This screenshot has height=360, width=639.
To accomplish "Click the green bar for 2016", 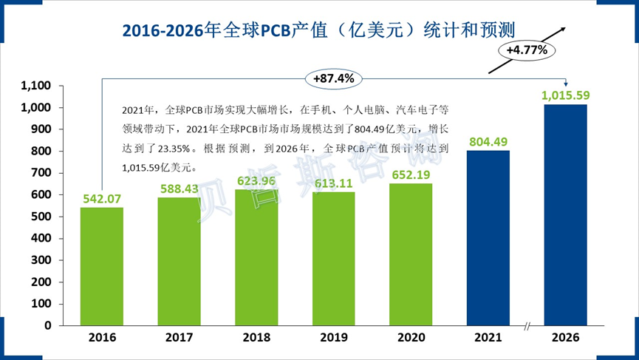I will [102, 266].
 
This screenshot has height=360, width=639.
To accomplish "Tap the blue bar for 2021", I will [488, 237].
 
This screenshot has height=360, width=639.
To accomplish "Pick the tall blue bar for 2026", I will [566, 214].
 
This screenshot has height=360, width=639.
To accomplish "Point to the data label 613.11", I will [334, 184].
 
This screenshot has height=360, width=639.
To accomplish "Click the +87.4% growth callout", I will [334, 77].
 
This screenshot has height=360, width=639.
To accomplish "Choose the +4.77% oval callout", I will [527, 50].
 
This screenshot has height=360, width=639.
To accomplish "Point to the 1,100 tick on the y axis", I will [35, 86].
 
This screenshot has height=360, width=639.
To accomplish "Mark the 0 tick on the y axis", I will [48, 325].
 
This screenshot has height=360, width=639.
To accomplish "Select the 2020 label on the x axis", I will [411, 338].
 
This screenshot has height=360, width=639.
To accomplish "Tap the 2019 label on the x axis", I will [334, 338].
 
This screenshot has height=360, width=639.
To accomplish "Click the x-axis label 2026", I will [566, 338].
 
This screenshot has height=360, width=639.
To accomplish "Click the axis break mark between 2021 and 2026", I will [527, 326].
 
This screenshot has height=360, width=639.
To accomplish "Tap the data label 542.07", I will [102, 199].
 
